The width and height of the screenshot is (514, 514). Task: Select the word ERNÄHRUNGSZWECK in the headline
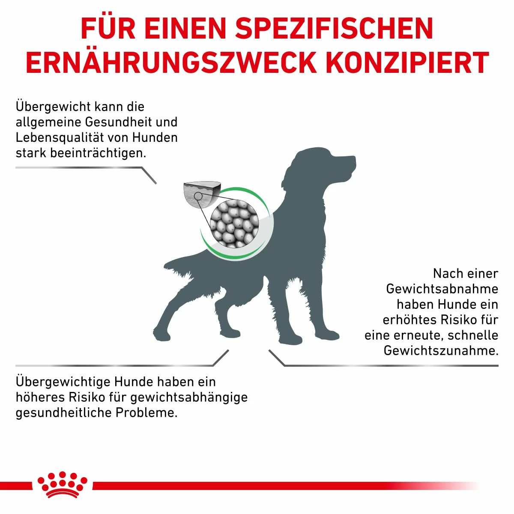tap(170, 63)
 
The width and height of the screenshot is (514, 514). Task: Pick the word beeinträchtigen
tap(98, 153)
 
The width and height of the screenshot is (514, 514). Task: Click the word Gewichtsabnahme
tap(442, 289)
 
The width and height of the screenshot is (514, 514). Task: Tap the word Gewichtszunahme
tap(441, 350)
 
